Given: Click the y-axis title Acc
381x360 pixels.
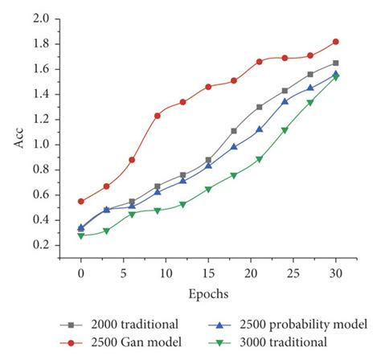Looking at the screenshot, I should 22,131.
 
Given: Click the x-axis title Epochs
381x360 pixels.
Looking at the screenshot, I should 208,295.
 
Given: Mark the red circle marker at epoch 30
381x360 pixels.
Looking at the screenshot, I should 335,41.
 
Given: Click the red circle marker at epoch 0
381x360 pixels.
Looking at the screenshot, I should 81,201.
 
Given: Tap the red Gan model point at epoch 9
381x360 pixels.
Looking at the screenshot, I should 158,116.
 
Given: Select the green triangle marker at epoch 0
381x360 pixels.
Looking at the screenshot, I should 81,235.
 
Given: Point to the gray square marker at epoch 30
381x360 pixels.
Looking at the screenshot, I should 335,63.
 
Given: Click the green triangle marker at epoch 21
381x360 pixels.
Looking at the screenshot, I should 260,160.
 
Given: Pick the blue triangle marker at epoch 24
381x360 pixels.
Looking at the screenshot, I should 285,101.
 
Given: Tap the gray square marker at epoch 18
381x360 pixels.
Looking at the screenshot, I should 234,131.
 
